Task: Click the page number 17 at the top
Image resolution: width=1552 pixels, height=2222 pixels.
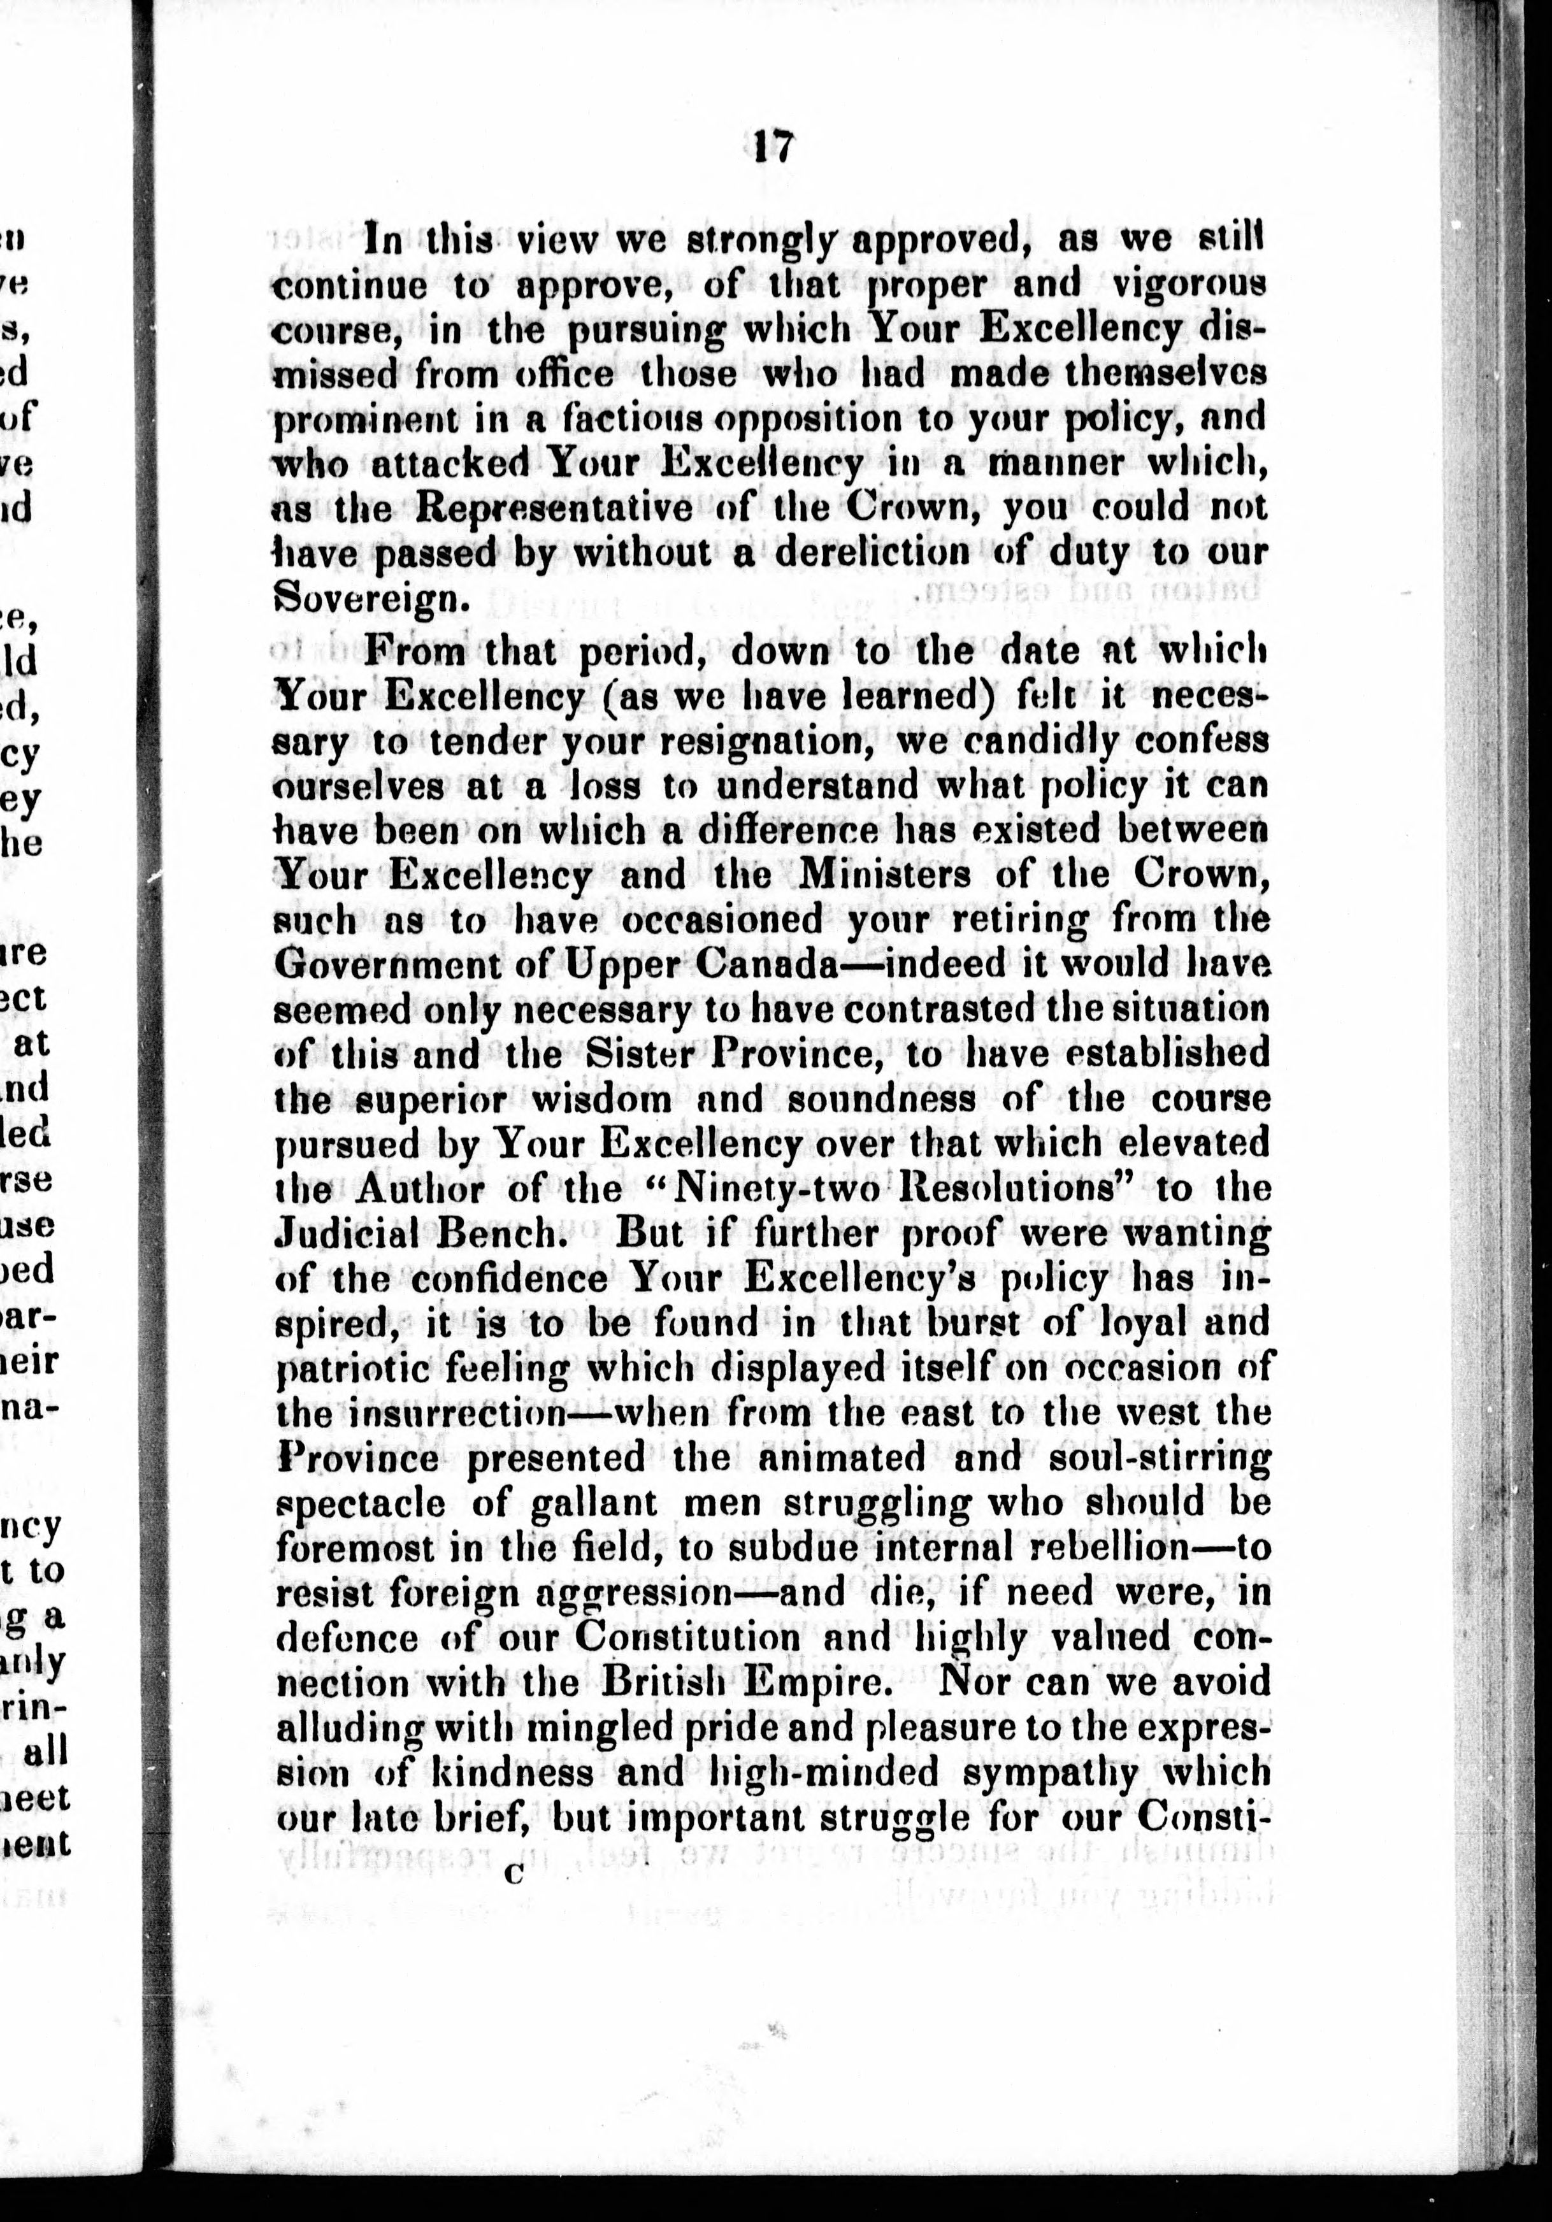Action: point(773,148)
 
